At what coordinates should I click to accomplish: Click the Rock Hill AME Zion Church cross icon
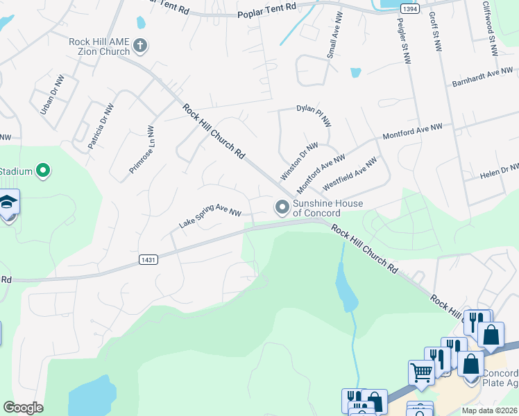[x=140, y=46]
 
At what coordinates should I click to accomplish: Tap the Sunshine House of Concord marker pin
[x=282, y=207]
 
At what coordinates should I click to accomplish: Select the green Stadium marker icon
[x=43, y=170]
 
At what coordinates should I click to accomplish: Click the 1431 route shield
[x=148, y=260]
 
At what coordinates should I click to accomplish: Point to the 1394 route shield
[x=410, y=8]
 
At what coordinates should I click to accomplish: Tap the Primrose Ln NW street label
[x=141, y=150]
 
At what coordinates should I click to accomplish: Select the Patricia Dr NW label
[x=101, y=127]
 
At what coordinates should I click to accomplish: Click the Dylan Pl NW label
[x=314, y=109]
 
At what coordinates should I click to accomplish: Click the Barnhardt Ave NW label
[x=482, y=76]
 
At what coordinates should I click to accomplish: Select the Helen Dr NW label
[x=500, y=172]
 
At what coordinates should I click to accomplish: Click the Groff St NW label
[x=435, y=32]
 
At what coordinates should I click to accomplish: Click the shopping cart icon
[x=421, y=372]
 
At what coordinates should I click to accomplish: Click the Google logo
[x=23, y=408]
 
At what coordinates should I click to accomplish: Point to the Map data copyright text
[x=489, y=410]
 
